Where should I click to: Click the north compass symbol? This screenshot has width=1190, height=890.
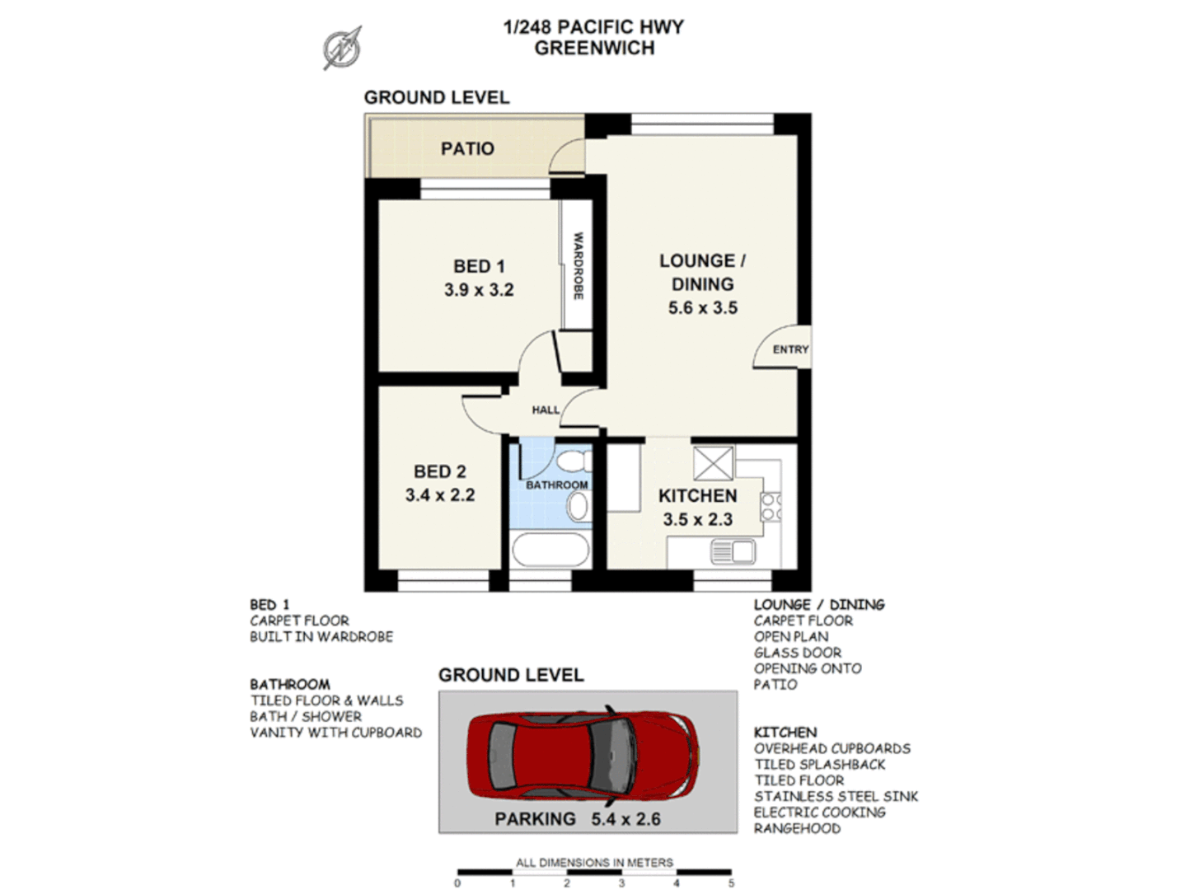click(342, 48)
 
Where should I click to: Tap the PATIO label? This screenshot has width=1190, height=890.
click(467, 149)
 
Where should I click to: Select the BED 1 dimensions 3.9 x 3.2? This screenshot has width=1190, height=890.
click(479, 290)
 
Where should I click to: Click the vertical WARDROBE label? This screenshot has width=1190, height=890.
click(579, 265)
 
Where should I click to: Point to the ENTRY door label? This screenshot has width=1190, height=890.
click(790, 349)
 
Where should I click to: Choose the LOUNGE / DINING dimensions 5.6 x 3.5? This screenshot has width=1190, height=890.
click(702, 308)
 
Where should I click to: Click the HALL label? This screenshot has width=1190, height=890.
click(545, 410)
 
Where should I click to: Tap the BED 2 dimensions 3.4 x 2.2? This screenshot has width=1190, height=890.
click(439, 495)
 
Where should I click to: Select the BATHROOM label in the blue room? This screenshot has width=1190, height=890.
click(557, 485)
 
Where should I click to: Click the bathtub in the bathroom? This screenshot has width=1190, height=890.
click(550, 550)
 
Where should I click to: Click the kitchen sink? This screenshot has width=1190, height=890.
click(732, 551)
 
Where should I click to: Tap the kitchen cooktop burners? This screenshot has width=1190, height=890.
click(771, 507)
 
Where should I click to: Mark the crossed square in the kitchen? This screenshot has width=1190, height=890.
click(713, 463)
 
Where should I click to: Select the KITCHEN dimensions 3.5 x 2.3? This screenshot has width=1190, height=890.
click(697, 520)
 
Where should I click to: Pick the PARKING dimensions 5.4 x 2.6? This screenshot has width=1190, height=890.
click(625, 819)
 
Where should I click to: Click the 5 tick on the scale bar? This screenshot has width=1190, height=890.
click(731, 882)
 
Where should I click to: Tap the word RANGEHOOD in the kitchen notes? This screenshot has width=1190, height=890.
click(797, 828)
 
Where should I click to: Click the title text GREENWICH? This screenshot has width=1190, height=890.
click(594, 49)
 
